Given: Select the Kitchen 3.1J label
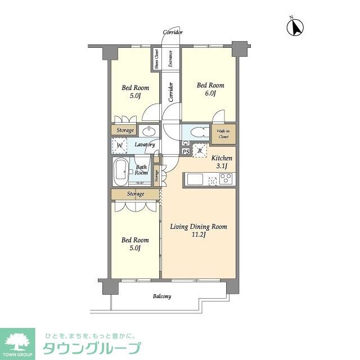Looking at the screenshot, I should click(x=222, y=162).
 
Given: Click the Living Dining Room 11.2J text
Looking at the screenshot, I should click(x=199, y=231).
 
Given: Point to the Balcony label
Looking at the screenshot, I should click(x=161, y=296).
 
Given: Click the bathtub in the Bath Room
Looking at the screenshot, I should click(x=121, y=171).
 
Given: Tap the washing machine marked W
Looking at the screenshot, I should click(x=119, y=146).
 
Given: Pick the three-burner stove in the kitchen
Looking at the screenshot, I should click(x=226, y=179).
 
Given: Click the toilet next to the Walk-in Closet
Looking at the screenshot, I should click(x=197, y=133).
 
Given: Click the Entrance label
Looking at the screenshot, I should click(x=170, y=59).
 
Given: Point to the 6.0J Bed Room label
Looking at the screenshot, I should click(x=210, y=89).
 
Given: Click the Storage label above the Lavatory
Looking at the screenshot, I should click(x=125, y=130).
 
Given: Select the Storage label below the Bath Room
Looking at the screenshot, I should click(x=135, y=194).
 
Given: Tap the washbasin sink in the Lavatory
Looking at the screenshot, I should click(x=148, y=132).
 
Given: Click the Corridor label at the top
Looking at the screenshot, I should click(x=173, y=32).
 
